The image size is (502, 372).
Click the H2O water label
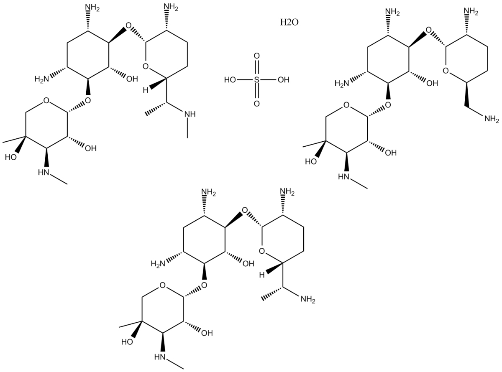(x=289, y=22)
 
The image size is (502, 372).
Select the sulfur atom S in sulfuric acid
(x=256, y=79)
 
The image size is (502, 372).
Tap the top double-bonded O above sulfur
(x=256, y=56)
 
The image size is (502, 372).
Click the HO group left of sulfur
(x=231, y=79)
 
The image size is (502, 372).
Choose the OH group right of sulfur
(x=283, y=79)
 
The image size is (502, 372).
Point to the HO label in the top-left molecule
(x=11, y=157)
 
